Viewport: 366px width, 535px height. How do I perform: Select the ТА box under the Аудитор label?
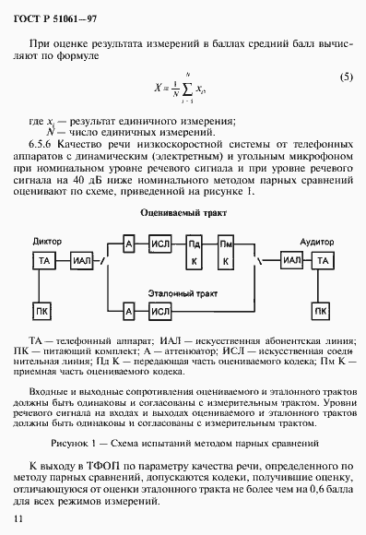[x=321, y=262]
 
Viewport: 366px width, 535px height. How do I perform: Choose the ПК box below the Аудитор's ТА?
[x=321, y=309]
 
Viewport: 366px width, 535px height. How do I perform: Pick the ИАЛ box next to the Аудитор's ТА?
[x=291, y=261]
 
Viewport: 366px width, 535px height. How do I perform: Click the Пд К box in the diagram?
[x=195, y=253]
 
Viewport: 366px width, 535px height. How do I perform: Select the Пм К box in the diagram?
[x=224, y=253]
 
